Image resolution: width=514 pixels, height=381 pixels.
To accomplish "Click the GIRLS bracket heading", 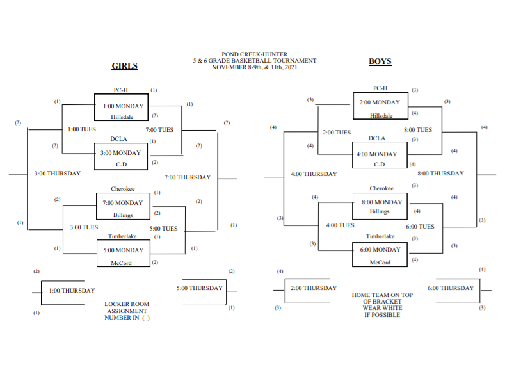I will pyautogui.click(x=125, y=66).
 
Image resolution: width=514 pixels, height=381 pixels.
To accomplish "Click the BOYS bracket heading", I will pyautogui.click(x=380, y=62).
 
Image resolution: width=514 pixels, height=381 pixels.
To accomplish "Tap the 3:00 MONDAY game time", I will pyautogui.click(x=122, y=154).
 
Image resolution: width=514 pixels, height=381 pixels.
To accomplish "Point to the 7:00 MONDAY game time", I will pyautogui.click(x=122, y=204).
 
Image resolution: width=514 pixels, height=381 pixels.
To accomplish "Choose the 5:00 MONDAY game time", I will pyautogui.click(x=122, y=250).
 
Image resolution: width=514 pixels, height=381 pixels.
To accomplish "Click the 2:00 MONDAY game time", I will pyautogui.click(x=380, y=102).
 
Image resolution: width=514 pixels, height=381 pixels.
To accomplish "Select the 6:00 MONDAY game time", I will pyautogui.click(x=380, y=250).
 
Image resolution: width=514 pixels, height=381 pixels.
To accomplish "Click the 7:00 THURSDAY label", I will pyautogui.click(x=188, y=177).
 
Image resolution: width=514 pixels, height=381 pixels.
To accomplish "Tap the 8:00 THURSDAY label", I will pyautogui.click(x=440, y=174).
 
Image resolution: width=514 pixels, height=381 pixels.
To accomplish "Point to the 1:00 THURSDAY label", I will pyautogui.click(x=72, y=291).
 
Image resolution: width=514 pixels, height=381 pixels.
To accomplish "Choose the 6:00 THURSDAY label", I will pyautogui.click(x=451, y=288).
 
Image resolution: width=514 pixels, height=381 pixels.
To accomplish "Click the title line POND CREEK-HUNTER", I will pyautogui.click(x=255, y=54).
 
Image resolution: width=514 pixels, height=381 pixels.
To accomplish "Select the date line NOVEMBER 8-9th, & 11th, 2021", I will pyautogui.click(x=255, y=67).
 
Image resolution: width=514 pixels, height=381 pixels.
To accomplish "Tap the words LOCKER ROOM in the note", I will pyautogui.click(x=126, y=305).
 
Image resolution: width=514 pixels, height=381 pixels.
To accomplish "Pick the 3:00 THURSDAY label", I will pyautogui.click(x=58, y=174).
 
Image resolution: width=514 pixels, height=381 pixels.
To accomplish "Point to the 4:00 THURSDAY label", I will pyautogui.click(x=314, y=174).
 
